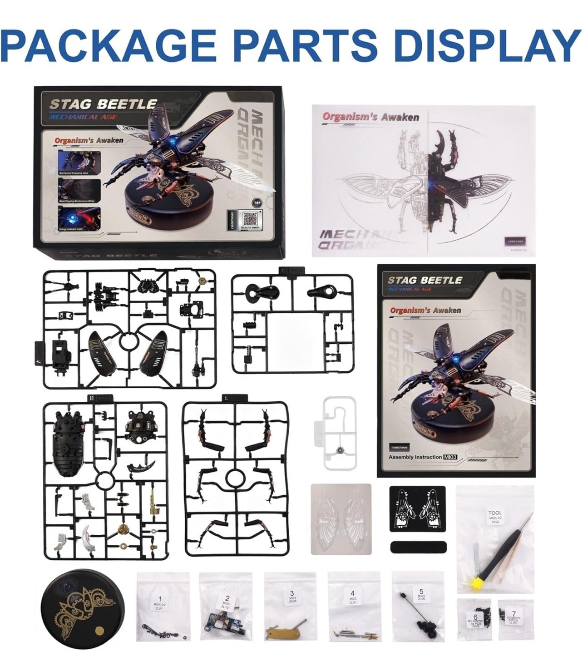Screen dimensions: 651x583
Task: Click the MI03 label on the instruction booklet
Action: [449, 457]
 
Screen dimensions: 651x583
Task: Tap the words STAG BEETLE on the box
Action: [103, 104]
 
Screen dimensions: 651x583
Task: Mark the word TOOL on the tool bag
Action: [495, 513]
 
